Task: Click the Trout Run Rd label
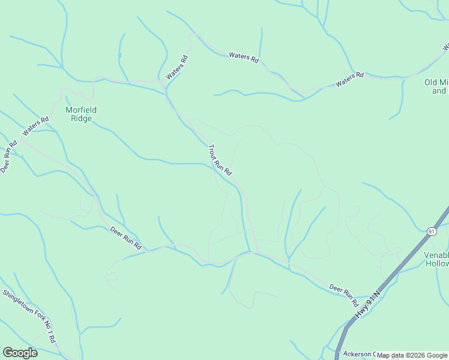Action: pyautogui.click(x=220, y=160)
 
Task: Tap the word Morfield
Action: pyautogui.click(x=81, y=110)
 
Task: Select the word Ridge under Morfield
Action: pyautogui.click(x=81, y=118)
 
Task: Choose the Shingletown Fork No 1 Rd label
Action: pyautogui.click(x=29, y=316)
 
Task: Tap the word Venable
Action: pyautogui.click(x=436, y=255)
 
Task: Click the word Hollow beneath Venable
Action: pyautogui.click(x=436, y=263)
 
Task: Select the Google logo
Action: pyautogui.click(x=20, y=353)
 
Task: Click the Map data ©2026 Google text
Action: pyautogui.click(x=412, y=355)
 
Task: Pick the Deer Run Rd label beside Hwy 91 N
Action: pyautogui.click(x=343, y=292)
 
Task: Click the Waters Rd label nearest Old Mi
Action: pyautogui.click(x=350, y=79)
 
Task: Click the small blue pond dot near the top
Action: pyautogui.click(x=119, y=55)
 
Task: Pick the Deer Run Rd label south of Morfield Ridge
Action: pyautogui.click(x=125, y=238)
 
